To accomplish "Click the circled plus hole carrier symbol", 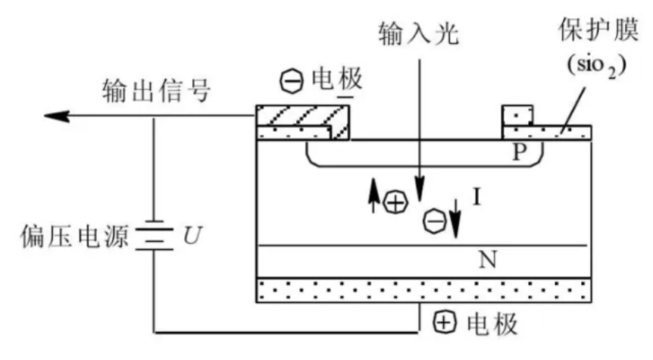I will pos(395,203).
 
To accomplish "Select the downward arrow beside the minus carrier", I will pos(455,221).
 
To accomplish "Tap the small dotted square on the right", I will pos(517,115).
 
